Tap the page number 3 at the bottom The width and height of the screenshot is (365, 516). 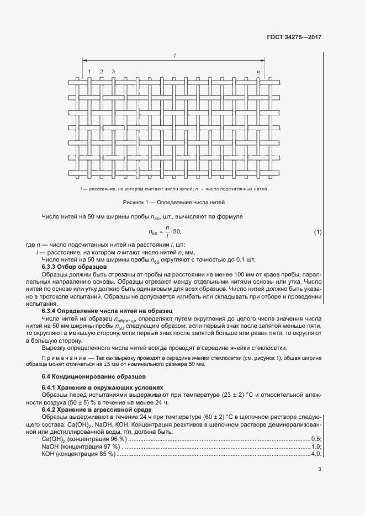[319, 470]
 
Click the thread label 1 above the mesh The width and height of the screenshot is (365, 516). [89, 72]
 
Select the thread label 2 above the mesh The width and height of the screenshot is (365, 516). [101, 72]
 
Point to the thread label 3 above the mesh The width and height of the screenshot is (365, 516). [113, 72]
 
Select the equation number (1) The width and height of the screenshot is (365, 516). [318, 232]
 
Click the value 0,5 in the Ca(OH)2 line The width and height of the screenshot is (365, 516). [316, 439]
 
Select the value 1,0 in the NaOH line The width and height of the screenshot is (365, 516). [316, 446]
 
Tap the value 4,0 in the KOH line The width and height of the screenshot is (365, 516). [316, 454]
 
